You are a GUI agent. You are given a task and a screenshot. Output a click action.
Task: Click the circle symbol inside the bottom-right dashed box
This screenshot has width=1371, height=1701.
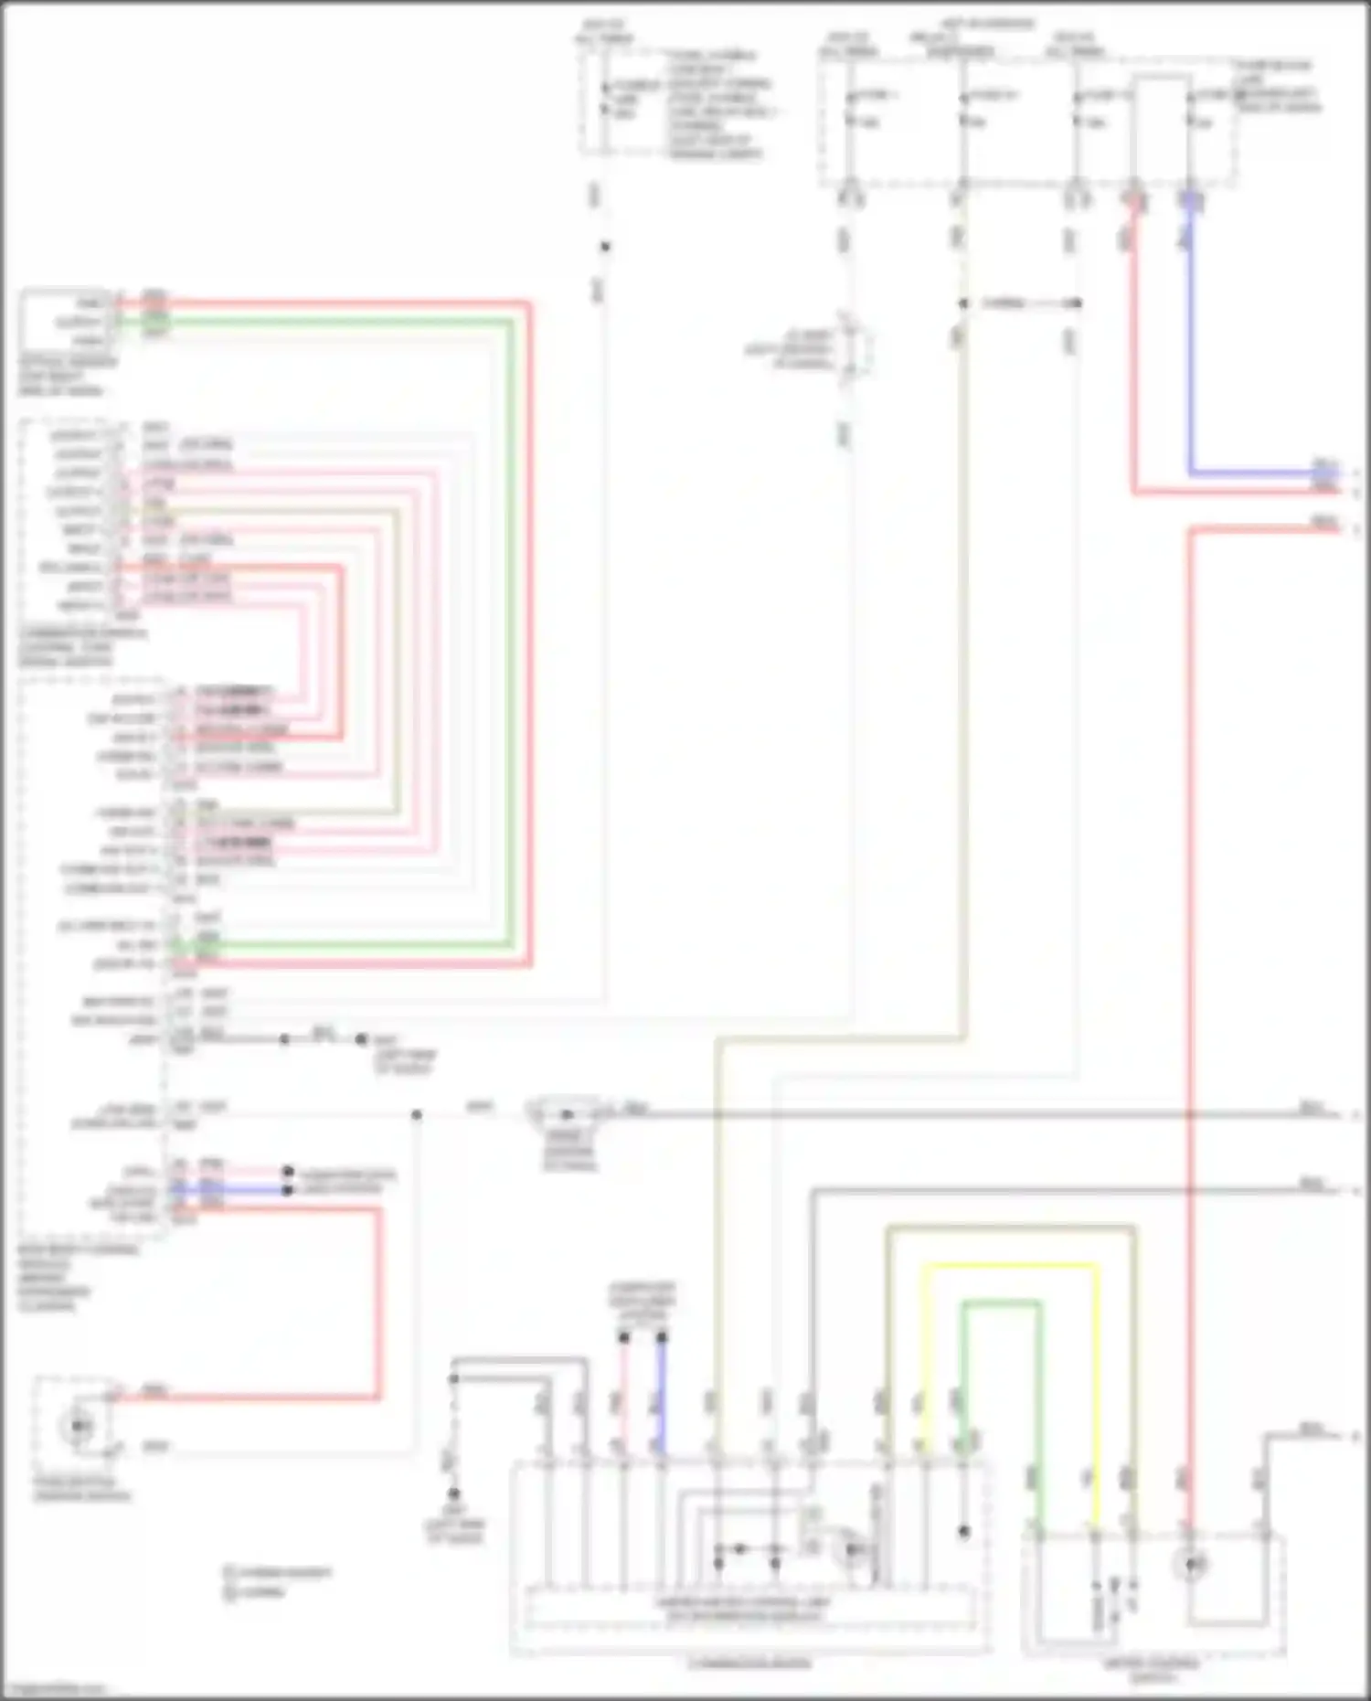click(1192, 1564)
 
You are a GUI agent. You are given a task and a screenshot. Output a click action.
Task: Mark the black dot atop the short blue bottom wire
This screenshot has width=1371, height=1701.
click(662, 1337)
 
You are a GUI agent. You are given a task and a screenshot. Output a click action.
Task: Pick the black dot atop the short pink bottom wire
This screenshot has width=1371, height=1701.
click(624, 1337)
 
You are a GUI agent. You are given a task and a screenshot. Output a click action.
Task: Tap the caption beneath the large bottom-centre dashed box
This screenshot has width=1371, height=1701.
click(749, 1663)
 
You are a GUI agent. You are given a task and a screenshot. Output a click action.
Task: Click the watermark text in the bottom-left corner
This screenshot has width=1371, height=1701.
click(55, 1689)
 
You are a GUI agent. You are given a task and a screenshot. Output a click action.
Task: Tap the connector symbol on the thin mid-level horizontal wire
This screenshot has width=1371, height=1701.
click(567, 1114)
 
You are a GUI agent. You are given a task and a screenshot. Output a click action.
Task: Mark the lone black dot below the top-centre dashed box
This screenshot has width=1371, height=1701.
click(604, 247)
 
